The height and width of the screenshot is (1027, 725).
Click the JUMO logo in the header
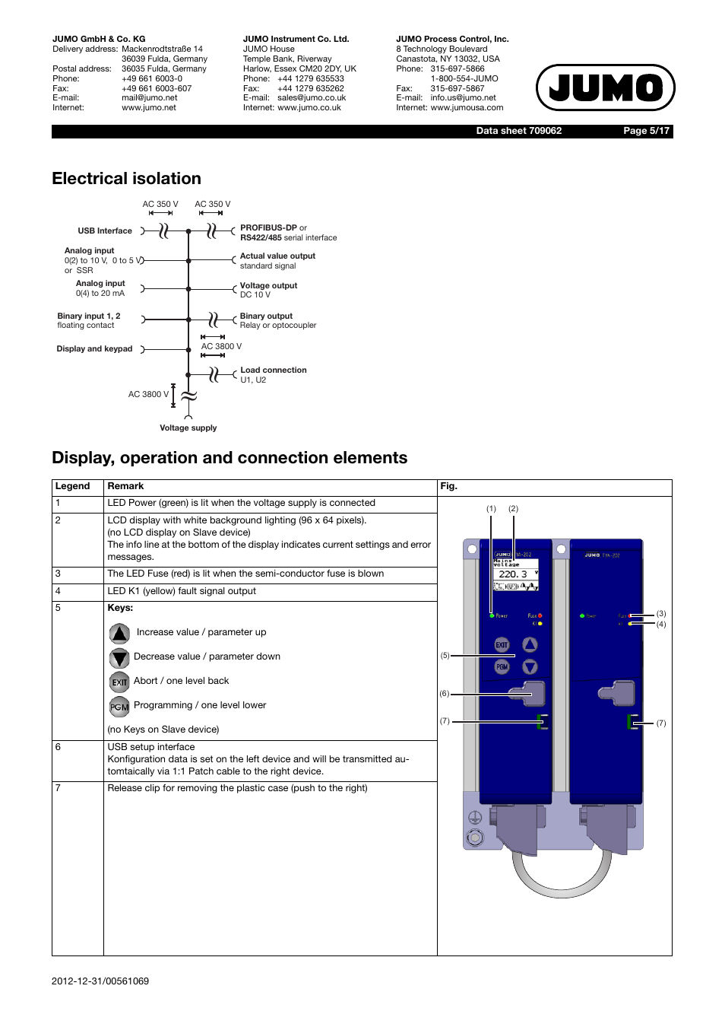pyautogui.click(x=605, y=87)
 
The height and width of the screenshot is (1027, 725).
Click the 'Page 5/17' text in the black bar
pyautogui.click(x=646, y=131)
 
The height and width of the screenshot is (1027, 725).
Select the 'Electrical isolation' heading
pyautogui.click(x=126, y=179)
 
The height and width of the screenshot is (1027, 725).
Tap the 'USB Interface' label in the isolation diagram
pyautogui.click(x=105, y=231)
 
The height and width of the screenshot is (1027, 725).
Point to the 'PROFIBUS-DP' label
pyautogui.click(x=268, y=227)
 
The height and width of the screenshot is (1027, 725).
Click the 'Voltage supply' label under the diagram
pyautogui.click(x=188, y=428)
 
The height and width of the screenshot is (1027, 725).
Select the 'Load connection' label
pyautogui.click(x=274, y=370)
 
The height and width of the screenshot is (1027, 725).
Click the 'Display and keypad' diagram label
pyautogui.click(x=94, y=349)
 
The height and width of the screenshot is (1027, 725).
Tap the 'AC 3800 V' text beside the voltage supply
pyautogui.click(x=148, y=395)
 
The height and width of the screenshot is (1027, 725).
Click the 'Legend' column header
pyautogui.click(x=72, y=487)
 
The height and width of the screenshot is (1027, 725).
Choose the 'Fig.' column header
pyautogui.click(x=448, y=487)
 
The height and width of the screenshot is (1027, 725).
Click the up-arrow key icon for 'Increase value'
pyautogui.click(x=119, y=633)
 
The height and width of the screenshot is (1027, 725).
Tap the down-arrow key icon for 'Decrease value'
pyautogui.click(x=119, y=657)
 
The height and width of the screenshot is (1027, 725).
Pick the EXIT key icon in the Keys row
pyautogui.click(x=119, y=682)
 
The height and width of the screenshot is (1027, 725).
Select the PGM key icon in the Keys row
pyautogui.click(x=119, y=707)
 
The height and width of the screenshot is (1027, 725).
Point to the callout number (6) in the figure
pyautogui.click(x=445, y=694)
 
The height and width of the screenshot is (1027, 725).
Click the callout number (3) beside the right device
pyautogui.click(x=661, y=614)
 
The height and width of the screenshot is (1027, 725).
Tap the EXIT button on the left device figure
pyautogui.click(x=502, y=645)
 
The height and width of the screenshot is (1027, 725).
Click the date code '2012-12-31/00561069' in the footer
pyautogui.click(x=100, y=981)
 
